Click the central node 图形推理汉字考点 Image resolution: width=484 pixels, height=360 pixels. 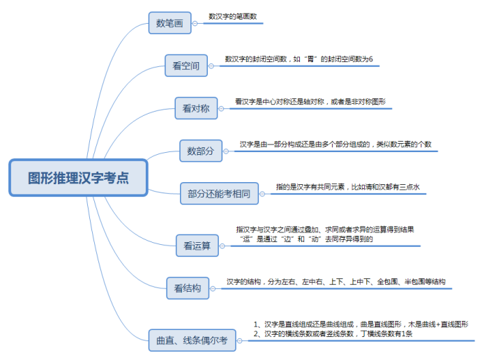pos(78,178)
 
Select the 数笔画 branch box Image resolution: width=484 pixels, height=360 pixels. pos(169,23)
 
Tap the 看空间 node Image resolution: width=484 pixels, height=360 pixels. pos(186,66)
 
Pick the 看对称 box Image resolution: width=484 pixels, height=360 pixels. pos(196,108)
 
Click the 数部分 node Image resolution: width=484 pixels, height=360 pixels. pos(201,150)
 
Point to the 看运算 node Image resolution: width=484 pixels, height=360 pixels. pos(197,245)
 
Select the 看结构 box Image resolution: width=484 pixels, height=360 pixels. pos(188,287)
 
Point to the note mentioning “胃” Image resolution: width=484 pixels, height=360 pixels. pos(298,59)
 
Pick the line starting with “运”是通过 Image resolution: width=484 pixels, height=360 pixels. pos(306,239)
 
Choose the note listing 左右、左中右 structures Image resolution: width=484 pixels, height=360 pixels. pos(335,282)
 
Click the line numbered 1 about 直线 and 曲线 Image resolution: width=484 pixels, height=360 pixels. pos(361,324)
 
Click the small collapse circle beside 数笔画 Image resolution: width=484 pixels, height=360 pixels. pos(195,23)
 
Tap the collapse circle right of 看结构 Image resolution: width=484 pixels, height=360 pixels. pos(213,287)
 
